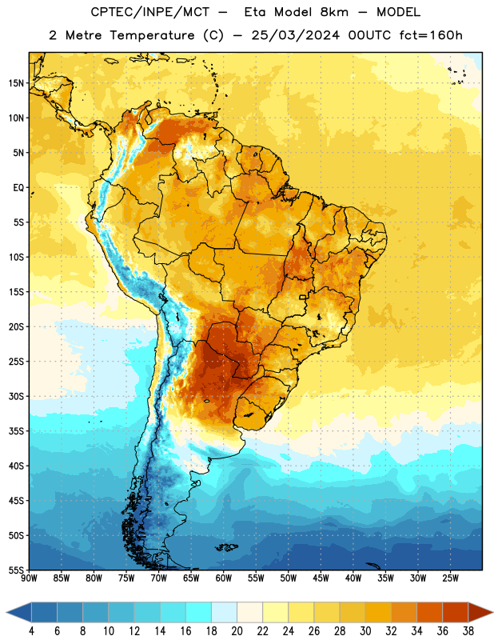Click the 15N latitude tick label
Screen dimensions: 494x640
[x=16, y=83]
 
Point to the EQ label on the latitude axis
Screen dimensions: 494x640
[x=18, y=188]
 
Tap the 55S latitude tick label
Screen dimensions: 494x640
[x=16, y=570]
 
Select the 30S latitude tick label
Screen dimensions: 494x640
[x=16, y=396]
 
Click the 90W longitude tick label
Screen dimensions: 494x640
[x=29, y=578]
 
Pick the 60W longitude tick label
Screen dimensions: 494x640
[x=224, y=578]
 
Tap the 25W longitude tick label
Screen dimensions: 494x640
[x=450, y=578]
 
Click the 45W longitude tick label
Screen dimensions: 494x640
[x=321, y=578]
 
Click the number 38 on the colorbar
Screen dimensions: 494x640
[x=468, y=631]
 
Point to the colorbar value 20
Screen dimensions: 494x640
[x=237, y=631]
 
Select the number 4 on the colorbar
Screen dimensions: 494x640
[x=31, y=631]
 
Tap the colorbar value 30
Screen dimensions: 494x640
[x=365, y=631]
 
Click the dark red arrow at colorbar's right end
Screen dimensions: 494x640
[x=480, y=612]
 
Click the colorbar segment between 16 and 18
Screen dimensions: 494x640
[x=199, y=612]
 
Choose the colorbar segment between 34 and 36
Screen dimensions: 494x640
[x=429, y=612]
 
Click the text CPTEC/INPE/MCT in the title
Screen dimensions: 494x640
[x=150, y=13]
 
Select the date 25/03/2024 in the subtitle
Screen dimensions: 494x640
[x=295, y=35]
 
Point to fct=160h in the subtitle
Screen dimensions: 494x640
[x=431, y=35]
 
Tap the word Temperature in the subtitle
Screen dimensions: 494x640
[x=152, y=35]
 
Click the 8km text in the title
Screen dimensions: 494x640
[x=334, y=13]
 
